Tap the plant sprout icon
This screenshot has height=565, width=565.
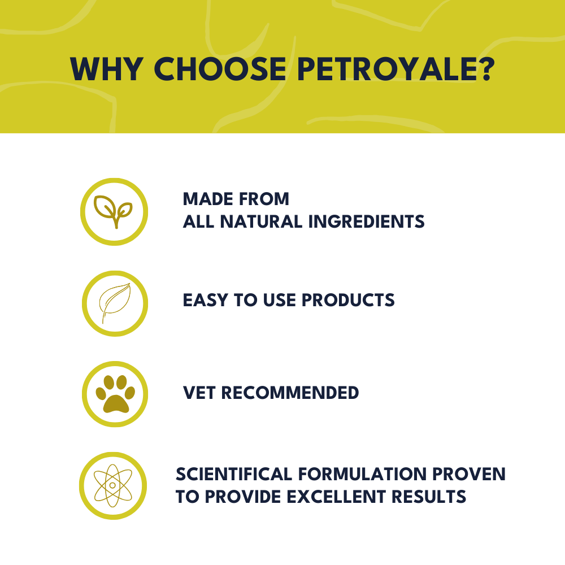coord(114,212)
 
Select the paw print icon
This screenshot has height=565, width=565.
coord(115,394)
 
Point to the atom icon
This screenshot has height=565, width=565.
coord(113,485)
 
